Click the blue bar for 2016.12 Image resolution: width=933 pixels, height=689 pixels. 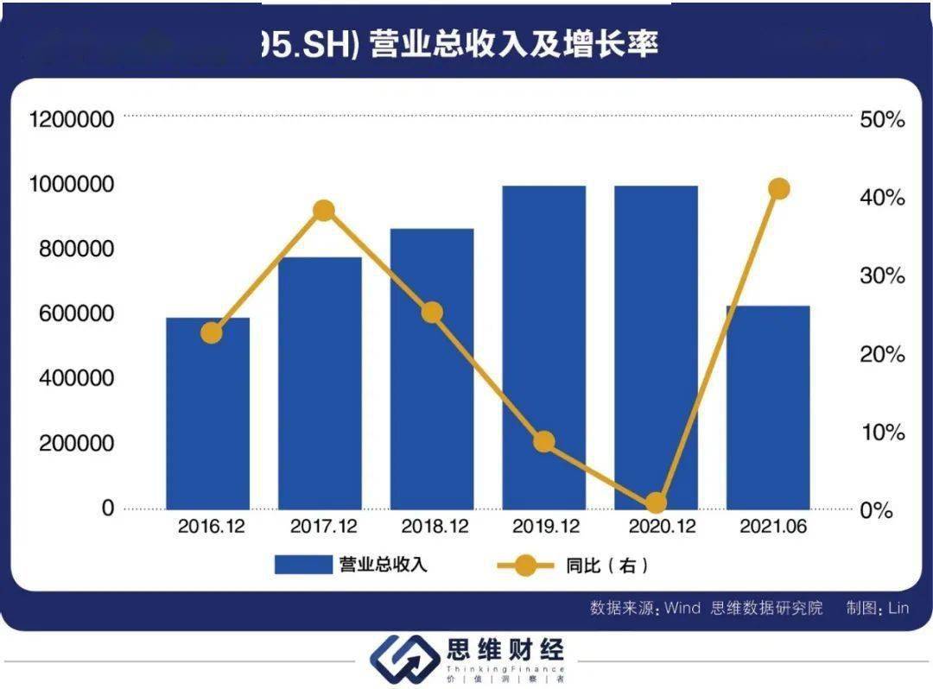[208, 414]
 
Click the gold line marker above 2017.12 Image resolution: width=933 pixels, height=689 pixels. [324, 211]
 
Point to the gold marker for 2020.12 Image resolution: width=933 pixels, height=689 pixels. [657, 503]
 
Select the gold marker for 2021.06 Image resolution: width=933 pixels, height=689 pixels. [779, 189]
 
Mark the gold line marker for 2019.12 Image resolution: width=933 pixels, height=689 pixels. [543, 442]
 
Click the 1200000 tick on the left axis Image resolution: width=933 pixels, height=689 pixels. [72, 119]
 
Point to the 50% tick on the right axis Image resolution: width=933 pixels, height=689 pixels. [882, 120]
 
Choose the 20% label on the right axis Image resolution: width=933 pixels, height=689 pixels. [882, 354]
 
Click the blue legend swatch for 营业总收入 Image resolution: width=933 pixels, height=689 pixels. [303, 566]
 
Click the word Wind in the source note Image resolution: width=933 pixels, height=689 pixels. [682, 608]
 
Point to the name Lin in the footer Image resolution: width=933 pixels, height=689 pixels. [898, 608]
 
